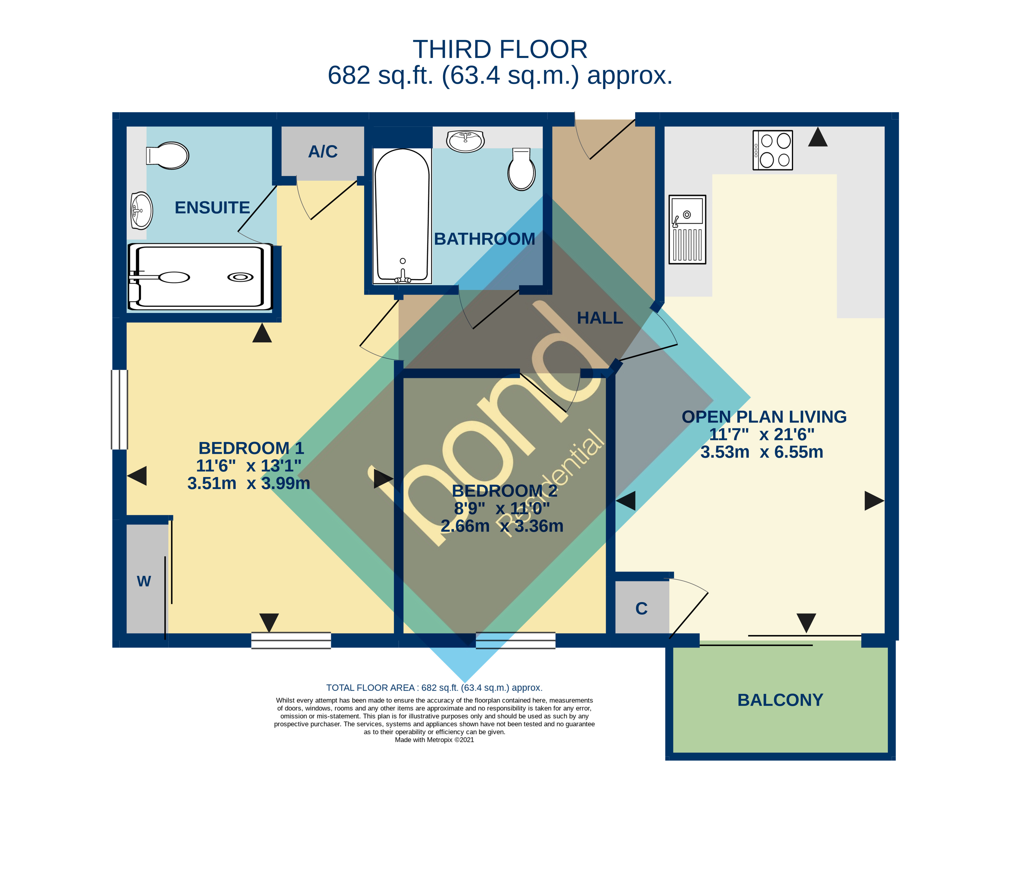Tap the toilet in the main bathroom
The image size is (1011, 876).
tap(521, 170)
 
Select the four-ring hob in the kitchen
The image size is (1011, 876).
tap(773, 150)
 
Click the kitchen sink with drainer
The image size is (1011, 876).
tap(687, 230)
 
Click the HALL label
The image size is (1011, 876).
tap(600, 318)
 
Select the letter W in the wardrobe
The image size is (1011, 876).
tap(144, 581)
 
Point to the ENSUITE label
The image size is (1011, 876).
tap(212, 208)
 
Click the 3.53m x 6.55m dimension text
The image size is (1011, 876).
tap(762, 452)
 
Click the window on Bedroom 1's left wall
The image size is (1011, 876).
tap(119, 410)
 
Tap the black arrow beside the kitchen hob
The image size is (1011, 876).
tap(818, 138)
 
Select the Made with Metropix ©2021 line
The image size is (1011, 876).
tap(434, 740)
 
